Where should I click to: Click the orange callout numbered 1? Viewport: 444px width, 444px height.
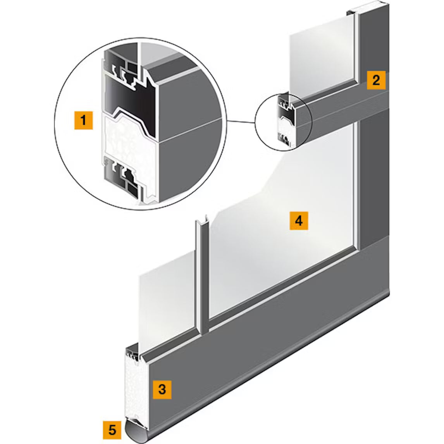(x=84, y=120)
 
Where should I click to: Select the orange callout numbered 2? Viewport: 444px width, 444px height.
(x=376, y=81)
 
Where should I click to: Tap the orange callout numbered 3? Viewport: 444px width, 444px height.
(x=162, y=389)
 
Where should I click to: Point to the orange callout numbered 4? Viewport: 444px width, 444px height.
(x=299, y=220)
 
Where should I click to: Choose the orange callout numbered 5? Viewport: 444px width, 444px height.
(x=112, y=430)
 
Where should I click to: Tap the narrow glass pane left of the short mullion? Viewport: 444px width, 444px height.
(x=167, y=300)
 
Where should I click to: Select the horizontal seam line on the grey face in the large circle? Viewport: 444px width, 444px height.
(x=190, y=130)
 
